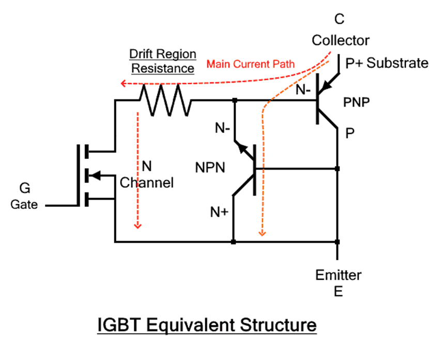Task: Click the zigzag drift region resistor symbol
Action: [165, 100]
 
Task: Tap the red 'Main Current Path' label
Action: [251, 65]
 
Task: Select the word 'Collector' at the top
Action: [341, 40]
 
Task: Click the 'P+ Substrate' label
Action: [387, 63]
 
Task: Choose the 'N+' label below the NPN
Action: [219, 212]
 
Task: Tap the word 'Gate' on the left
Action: [24, 204]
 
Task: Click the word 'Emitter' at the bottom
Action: [338, 275]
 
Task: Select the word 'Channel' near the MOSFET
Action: [147, 183]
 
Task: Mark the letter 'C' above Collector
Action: [340, 20]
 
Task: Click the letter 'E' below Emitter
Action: [338, 291]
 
